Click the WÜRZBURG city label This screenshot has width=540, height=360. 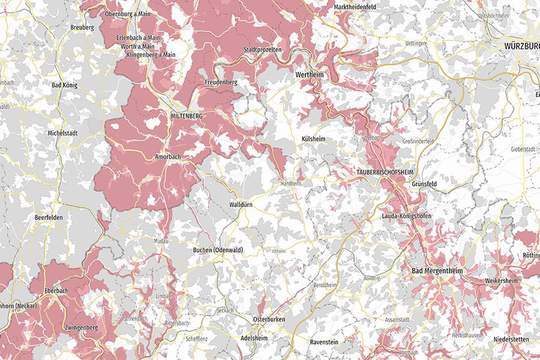point(514,46)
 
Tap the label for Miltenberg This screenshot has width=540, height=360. point(187,115)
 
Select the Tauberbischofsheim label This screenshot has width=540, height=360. point(386,172)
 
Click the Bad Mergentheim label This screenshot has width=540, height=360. point(437,271)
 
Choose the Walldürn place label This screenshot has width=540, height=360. point(244,205)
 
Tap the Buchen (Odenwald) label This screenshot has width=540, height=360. point(220,250)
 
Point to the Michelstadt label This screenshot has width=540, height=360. point(64,133)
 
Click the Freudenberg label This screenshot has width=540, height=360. point(221,82)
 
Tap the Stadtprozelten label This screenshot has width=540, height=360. point(262,50)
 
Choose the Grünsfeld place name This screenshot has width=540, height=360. point(424,184)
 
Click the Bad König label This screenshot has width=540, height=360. point(65,85)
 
